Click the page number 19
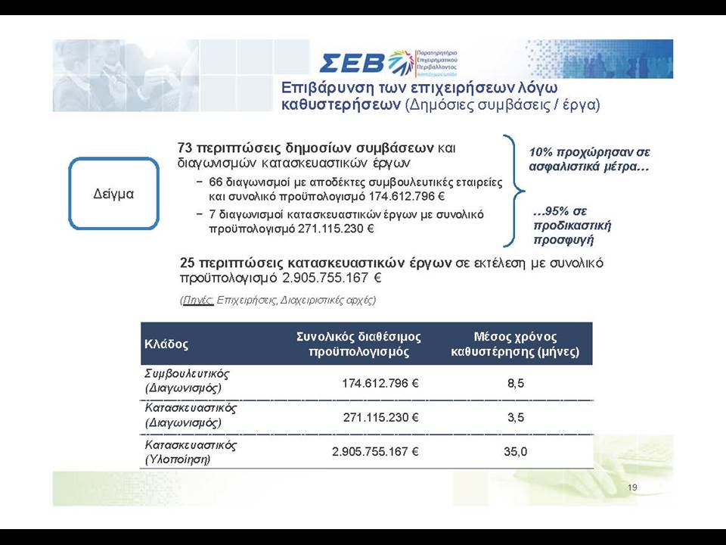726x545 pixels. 632,487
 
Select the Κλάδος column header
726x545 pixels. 166,344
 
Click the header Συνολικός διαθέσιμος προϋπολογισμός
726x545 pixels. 358,344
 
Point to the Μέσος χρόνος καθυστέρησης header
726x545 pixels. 515,344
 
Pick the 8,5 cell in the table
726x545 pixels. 515,384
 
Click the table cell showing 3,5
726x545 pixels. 515,418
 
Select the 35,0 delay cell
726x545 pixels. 515,451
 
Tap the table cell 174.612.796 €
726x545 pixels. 380,383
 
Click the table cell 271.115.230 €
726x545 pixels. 380,418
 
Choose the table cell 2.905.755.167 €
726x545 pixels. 375,451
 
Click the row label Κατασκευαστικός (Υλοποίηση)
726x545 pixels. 191,452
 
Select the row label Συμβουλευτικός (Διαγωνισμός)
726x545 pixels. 187,381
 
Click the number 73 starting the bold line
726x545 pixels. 185,148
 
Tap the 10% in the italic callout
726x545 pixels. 539,152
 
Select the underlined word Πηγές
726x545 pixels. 198,300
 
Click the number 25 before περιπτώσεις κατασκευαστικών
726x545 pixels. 187,263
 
